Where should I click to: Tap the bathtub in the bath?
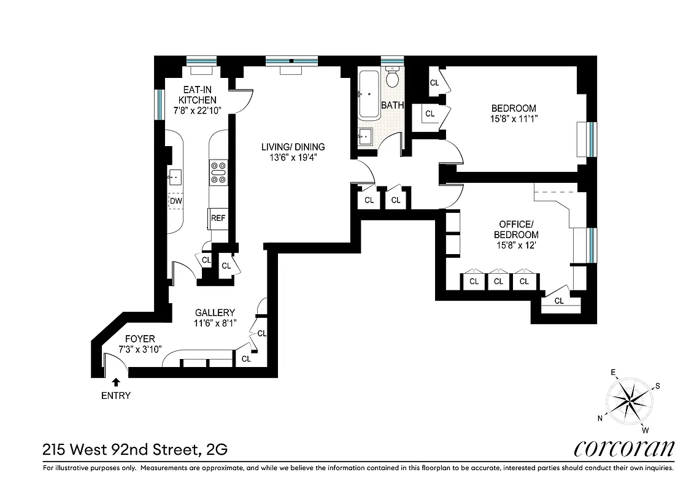tap(370, 95)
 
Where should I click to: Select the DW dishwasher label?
tap(176, 201)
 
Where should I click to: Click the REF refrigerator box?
tap(218, 218)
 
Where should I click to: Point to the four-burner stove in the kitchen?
tap(218, 172)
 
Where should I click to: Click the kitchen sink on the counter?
tap(175, 177)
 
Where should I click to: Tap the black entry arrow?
tap(116, 382)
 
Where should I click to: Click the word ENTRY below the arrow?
tap(116, 396)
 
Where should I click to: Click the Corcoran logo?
tap(624, 448)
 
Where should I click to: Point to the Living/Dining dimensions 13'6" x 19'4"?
tap(293, 158)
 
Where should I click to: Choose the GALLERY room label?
tap(215, 312)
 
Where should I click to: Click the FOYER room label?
tap(140, 339)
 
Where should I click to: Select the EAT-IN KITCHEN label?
tap(197, 95)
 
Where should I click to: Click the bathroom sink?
tap(364, 136)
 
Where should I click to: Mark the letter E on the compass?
tap(612, 373)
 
